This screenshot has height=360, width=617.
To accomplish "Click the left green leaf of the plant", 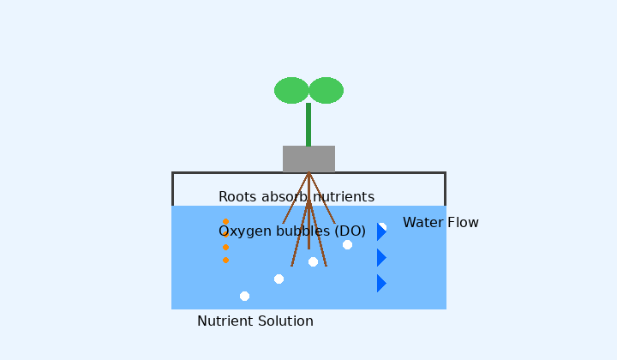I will tap(291, 90).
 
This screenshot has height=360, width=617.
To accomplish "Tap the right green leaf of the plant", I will tap(326, 90).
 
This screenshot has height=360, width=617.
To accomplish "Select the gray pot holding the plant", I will tap(308, 159).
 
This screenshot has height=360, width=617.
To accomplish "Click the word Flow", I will tap(463, 223).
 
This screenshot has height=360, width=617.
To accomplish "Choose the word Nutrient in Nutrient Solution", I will tap(225, 321).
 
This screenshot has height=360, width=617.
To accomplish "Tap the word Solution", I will tap(285, 321).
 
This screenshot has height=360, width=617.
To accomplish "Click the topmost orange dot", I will tap(225, 222).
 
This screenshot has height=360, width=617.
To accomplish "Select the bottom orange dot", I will tap(225, 260).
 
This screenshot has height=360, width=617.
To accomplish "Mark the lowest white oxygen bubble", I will tap(244, 296).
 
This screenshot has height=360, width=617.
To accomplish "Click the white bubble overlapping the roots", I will tap(313, 261).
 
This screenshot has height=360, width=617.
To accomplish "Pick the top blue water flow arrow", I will tap(381, 231).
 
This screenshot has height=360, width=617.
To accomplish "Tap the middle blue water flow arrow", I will tap(381, 257).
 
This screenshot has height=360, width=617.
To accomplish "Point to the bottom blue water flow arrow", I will tap(381, 283).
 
